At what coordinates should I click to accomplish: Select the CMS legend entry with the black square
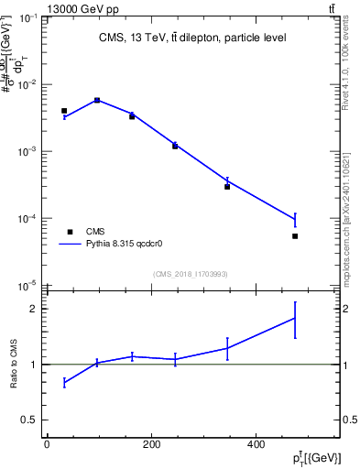pyautogui.click(x=70, y=232)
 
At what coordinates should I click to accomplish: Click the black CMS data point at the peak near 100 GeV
pyautogui.click(x=97, y=101)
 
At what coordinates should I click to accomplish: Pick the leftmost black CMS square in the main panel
pyautogui.click(x=64, y=111)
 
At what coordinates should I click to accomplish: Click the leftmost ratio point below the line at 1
pyautogui.click(x=64, y=382)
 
